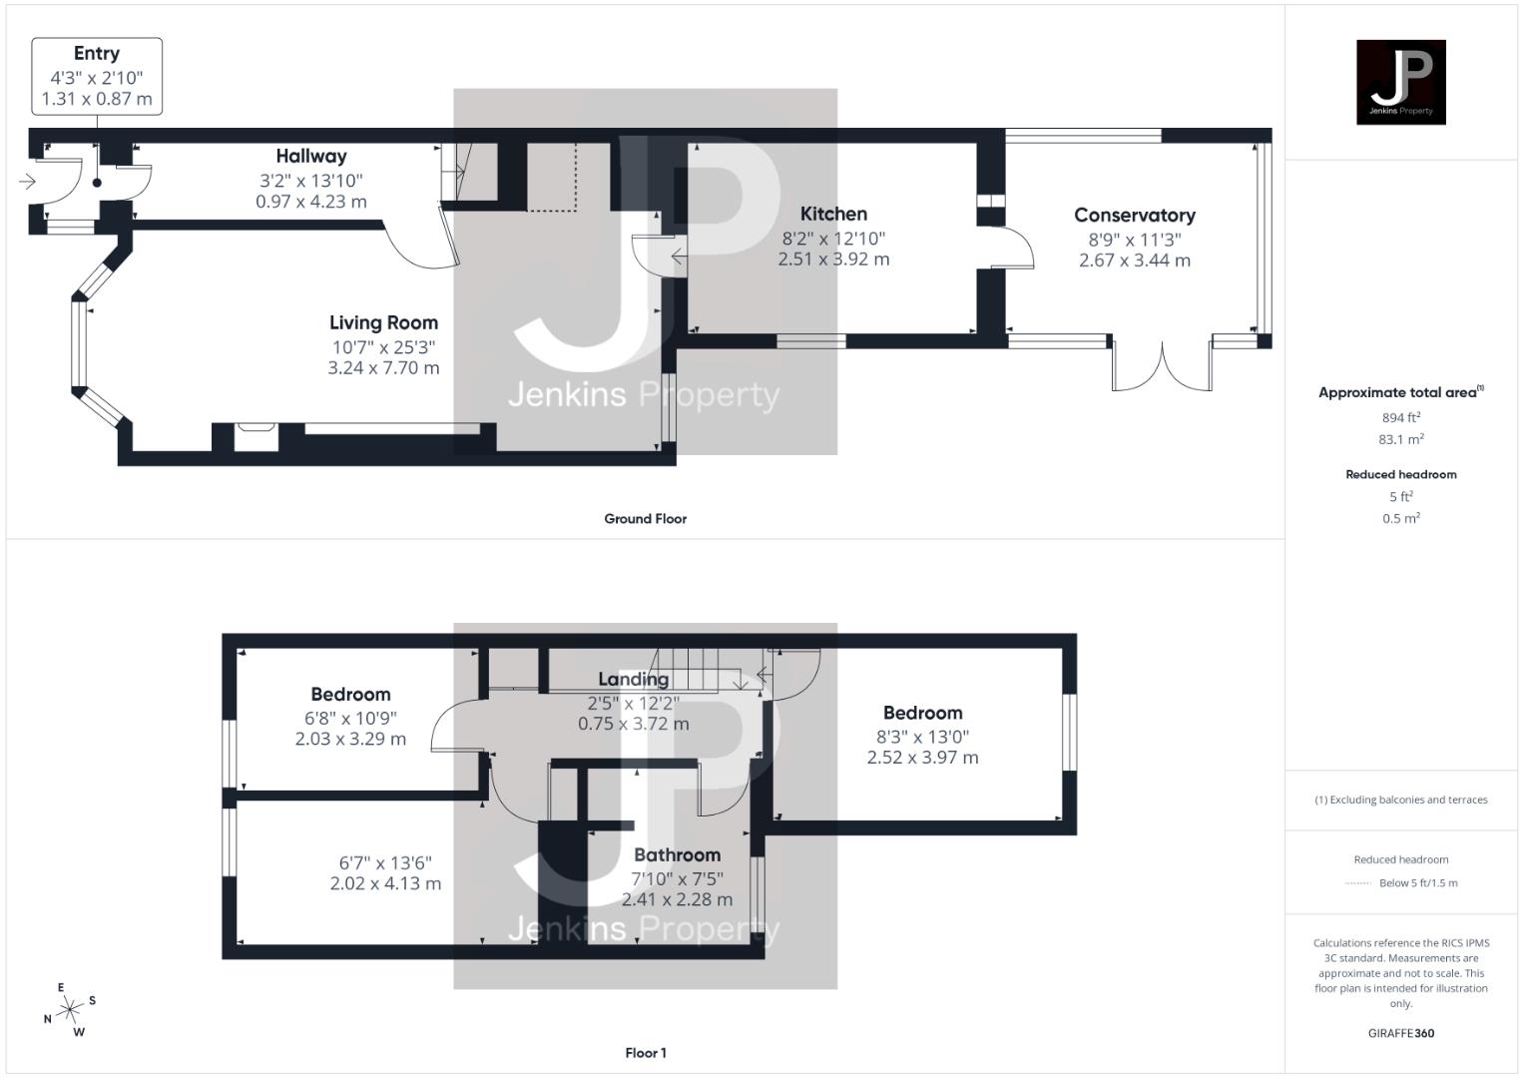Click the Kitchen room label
pos(833,214)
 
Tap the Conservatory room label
pos(1135,215)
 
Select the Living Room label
pos(383,322)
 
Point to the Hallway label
pos(311,156)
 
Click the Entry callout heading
pos(97,54)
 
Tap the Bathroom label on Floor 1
pos(677,854)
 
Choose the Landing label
pos(633,679)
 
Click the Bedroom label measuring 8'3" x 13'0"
pos(922,713)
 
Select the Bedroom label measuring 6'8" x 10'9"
pos(350,694)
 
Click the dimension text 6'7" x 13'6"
pos(385,862)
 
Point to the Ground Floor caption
pos(645,519)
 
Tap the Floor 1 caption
pos(645,1053)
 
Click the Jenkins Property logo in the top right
pos(1400,82)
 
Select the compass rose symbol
pos(70,1010)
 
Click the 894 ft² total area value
pos(1400,417)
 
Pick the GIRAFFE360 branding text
pos(1400,1033)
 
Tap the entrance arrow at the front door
pos(27,182)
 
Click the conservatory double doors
pos(1163,367)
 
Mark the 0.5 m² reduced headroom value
pos(1400,518)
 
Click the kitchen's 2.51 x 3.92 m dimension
pos(833,259)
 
